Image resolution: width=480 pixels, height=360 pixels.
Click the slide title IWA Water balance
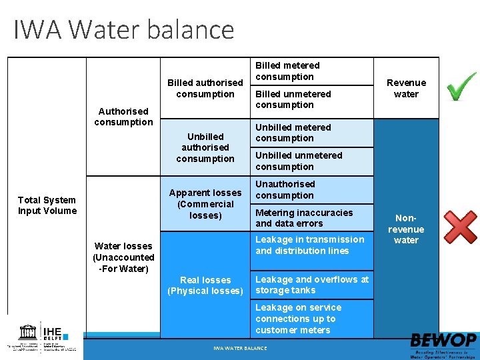pos(124,30)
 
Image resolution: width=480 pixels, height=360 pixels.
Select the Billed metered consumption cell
pos(287,71)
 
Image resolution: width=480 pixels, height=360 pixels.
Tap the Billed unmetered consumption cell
pos(293,99)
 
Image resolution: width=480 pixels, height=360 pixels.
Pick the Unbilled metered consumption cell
pos(293,133)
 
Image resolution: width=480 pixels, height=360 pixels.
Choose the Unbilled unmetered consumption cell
pos(298,161)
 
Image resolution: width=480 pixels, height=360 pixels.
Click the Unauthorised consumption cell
pos(285,190)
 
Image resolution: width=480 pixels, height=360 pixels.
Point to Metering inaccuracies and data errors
pos(304,218)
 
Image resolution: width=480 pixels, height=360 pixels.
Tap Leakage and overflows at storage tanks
pos(311,285)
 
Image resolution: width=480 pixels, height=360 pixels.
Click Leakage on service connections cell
pos(298,319)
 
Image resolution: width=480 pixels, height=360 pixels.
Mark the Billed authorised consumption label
pos(205,88)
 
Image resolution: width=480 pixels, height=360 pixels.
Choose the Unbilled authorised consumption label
pos(205,147)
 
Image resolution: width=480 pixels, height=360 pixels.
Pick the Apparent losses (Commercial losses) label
pos(205,204)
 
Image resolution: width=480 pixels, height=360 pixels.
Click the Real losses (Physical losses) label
pos(205,285)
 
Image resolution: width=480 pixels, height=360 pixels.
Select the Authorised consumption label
pos(123,117)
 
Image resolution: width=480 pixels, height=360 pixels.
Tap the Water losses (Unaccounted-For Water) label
pos(123,257)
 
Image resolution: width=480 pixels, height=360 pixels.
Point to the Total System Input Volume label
pos(47,205)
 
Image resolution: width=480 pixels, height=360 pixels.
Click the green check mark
pos(461,87)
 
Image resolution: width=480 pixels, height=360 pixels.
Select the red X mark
pos(461,228)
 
